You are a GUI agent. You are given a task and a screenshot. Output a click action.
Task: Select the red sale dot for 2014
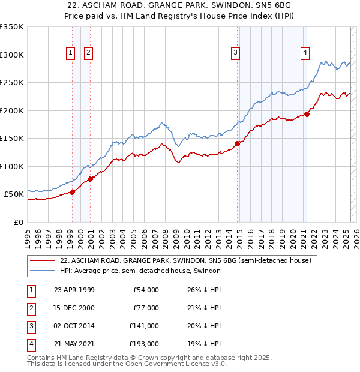click(237, 143)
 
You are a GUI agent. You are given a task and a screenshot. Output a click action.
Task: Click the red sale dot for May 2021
click(307, 114)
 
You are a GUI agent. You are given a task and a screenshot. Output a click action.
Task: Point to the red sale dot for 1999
click(73, 192)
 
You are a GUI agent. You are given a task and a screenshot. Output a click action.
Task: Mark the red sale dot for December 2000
click(90, 179)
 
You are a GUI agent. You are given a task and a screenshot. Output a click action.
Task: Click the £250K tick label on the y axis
click(12, 82)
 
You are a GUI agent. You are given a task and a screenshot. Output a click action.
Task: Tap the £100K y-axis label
click(12, 166)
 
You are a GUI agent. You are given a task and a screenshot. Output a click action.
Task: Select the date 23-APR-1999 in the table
click(74, 290)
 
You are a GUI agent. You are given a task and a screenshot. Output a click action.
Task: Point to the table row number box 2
click(31, 308)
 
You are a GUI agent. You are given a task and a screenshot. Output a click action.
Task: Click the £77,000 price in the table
click(146, 308)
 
